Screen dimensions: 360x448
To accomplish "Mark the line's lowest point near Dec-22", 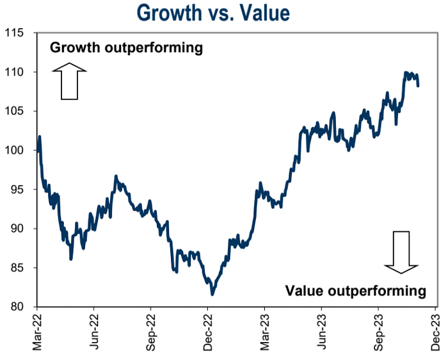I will click(212, 294).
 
